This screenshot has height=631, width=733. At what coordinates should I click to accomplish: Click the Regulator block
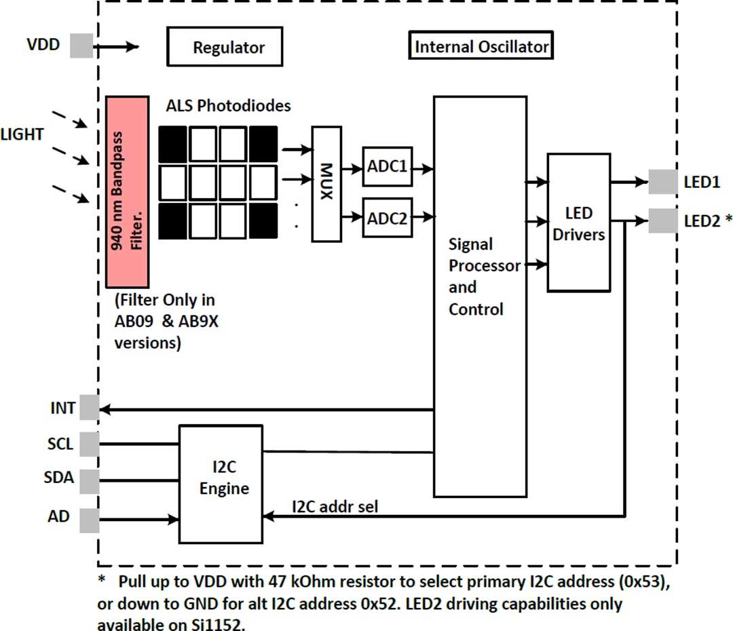225,47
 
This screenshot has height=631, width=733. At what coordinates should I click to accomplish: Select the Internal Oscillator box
481,46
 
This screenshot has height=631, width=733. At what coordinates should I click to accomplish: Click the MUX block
326,184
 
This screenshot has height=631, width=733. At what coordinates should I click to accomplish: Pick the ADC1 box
388,166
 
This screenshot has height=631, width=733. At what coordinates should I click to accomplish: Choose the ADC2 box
388,218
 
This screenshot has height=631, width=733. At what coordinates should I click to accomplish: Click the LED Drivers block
579,223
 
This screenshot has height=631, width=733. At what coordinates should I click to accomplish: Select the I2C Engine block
221,484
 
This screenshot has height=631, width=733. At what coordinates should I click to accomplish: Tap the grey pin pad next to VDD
82,45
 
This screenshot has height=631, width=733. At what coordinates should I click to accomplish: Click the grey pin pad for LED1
662,182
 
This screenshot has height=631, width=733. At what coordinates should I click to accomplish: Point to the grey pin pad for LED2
662,221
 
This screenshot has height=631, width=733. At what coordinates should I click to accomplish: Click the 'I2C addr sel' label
335,505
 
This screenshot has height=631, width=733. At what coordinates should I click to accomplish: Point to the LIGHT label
22,134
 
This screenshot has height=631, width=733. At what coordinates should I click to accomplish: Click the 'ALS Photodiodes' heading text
228,106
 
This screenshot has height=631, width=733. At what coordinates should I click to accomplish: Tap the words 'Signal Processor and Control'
483,276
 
